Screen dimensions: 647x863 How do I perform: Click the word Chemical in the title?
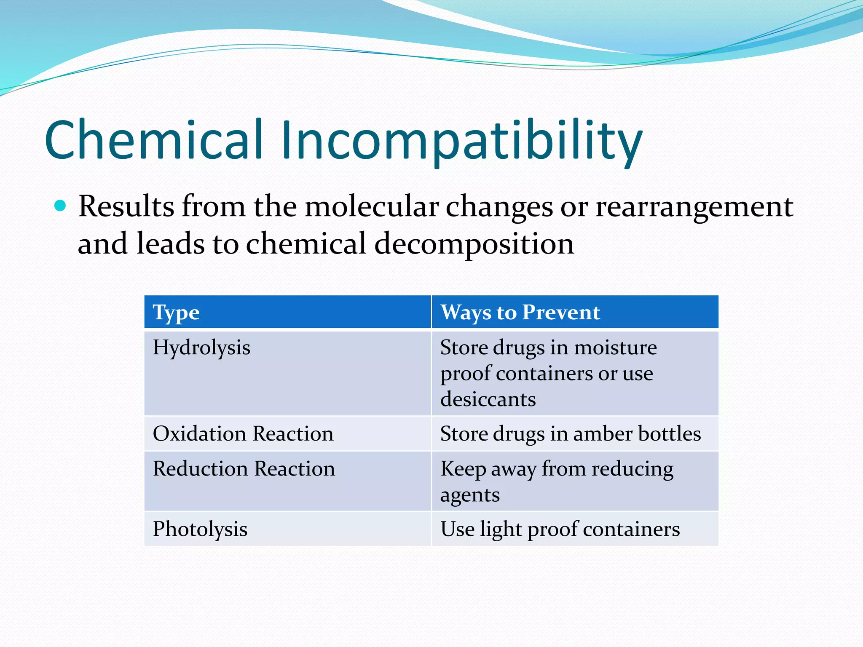pos(154,140)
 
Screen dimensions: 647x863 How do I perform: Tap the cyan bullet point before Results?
pos(61,206)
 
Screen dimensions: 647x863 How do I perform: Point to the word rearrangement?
pos(694,207)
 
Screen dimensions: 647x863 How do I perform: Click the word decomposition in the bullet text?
pos(474,244)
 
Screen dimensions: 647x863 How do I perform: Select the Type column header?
pos(176,313)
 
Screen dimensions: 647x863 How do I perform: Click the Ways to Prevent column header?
pos(520,313)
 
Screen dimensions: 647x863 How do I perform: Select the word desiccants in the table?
pos(488,399)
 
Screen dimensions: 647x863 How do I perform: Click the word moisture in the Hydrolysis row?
pos(615,348)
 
